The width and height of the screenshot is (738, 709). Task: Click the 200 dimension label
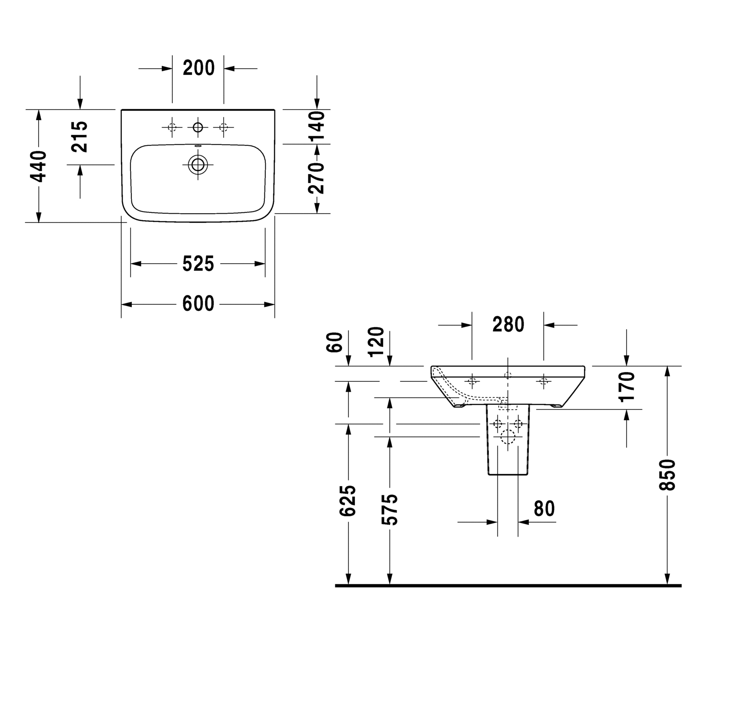tap(199, 68)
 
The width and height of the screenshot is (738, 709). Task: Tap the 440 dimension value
tap(38, 166)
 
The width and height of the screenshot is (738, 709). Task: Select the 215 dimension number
tap(80, 137)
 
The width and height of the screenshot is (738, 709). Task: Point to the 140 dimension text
tap(317, 127)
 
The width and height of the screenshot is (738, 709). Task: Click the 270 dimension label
tap(317, 178)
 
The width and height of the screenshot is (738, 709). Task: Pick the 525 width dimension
tap(198, 264)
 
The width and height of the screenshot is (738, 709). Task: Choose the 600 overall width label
tap(198, 304)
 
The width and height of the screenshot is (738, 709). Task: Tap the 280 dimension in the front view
tap(508, 324)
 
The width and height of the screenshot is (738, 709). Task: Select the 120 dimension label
tap(377, 342)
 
